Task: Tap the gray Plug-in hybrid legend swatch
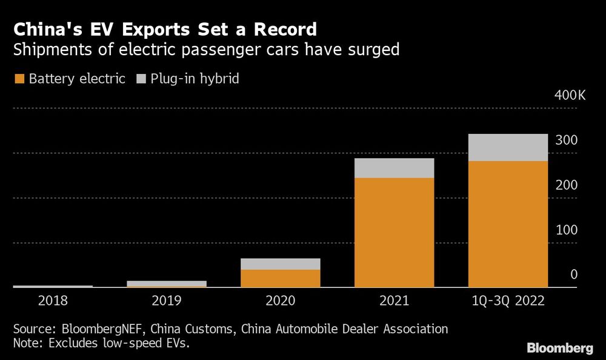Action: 142,79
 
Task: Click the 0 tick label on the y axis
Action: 573,275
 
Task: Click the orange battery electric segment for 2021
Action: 395,232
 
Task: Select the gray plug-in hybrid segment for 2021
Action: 395,168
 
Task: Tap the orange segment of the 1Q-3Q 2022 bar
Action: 508,224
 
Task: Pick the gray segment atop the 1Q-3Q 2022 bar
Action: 508,147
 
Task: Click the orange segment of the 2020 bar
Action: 281,278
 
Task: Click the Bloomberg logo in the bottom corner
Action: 559,348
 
